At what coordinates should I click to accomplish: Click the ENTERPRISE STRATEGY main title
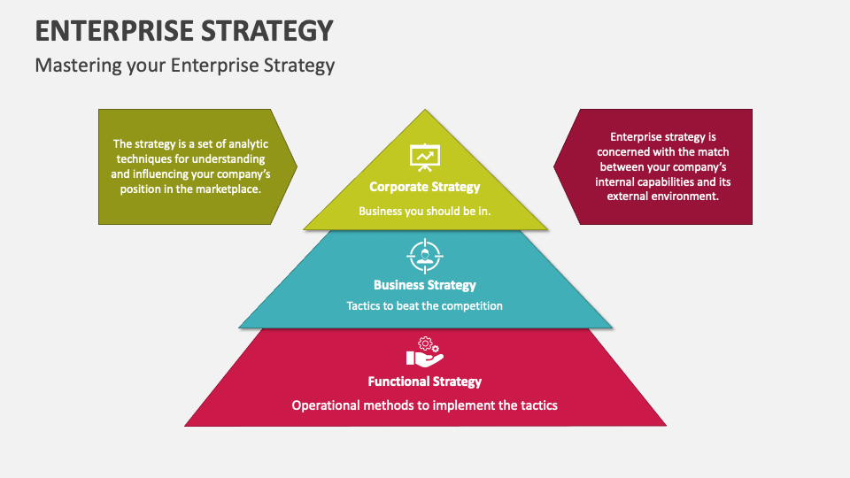point(184,31)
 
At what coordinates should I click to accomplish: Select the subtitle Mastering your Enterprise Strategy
point(185,66)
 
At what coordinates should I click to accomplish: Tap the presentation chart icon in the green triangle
point(424,158)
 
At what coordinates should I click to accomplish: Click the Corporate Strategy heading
point(424,187)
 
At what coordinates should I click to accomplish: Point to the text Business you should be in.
point(424,211)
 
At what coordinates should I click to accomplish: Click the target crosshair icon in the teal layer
point(425,256)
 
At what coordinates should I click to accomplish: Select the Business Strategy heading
point(424,285)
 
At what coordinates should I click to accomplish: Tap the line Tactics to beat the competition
point(424,305)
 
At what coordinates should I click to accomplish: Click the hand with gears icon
point(425,351)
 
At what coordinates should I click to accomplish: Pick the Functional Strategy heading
point(424,382)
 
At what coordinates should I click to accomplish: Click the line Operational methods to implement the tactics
point(424,405)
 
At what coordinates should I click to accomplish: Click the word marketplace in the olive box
point(228,189)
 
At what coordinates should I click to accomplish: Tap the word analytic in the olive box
point(248,144)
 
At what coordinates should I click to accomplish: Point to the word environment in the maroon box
point(687,197)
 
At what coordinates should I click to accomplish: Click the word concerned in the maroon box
point(620,152)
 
